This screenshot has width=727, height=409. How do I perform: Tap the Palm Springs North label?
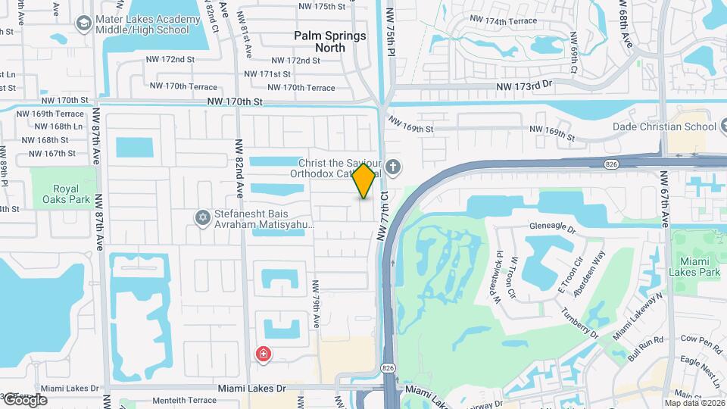point(329,42)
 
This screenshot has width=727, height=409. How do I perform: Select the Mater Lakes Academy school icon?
point(83,23)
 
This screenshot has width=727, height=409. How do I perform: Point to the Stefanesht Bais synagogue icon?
point(202,217)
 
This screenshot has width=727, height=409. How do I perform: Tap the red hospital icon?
point(264,354)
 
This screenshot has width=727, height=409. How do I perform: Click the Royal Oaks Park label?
point(71,194)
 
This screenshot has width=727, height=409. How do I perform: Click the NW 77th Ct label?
point(383,216)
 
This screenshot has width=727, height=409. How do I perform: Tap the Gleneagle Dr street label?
point(553,227)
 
